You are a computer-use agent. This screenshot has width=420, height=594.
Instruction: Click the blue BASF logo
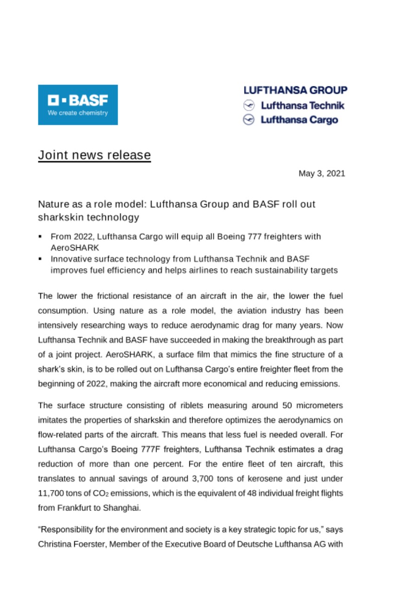(x=78, y=104)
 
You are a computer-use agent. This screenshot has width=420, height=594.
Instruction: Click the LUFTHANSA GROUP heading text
(x=295, y=90)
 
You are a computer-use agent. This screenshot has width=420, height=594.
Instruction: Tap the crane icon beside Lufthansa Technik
(x=250, y=105)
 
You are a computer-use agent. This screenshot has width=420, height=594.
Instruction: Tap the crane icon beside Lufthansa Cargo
(x=250, y=120)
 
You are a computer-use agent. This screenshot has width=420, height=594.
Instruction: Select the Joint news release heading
(x=94, y=155)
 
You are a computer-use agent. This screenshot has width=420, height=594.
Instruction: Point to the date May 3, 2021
(x=322, y=174)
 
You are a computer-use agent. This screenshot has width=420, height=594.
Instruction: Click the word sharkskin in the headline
(x=57, y=217)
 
